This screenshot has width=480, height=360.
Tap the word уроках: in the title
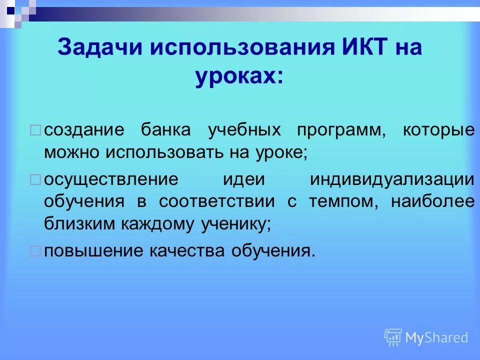click(239, 77)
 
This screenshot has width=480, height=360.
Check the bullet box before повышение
click(35, 251)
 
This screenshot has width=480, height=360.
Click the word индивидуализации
click(392, 179)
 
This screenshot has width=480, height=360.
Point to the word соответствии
click(217, 202)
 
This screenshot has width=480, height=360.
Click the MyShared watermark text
click(436, 337)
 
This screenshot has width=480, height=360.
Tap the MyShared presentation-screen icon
click(393, 337)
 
